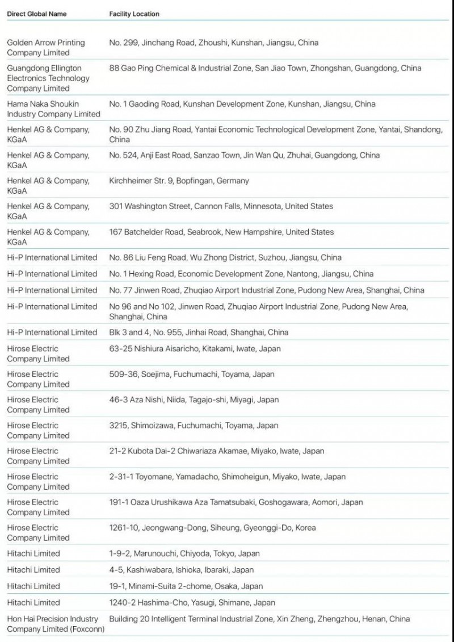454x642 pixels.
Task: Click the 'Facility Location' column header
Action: (134, 14)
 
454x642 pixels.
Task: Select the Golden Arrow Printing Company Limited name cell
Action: (46, 48)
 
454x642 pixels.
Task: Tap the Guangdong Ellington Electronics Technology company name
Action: (48, 78)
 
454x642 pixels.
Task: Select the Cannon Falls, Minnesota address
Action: (221, 206)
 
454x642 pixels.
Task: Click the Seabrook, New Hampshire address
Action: (221, 232)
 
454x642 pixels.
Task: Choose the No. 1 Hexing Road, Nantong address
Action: (241, 274)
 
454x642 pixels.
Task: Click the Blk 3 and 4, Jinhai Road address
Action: (199, 332)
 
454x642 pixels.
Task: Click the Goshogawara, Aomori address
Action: (236, 502)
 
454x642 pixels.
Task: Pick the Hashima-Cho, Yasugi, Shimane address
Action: (192, 602)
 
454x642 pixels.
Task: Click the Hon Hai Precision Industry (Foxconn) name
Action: (53, 624)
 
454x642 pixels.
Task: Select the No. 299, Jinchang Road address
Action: (213, 43)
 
